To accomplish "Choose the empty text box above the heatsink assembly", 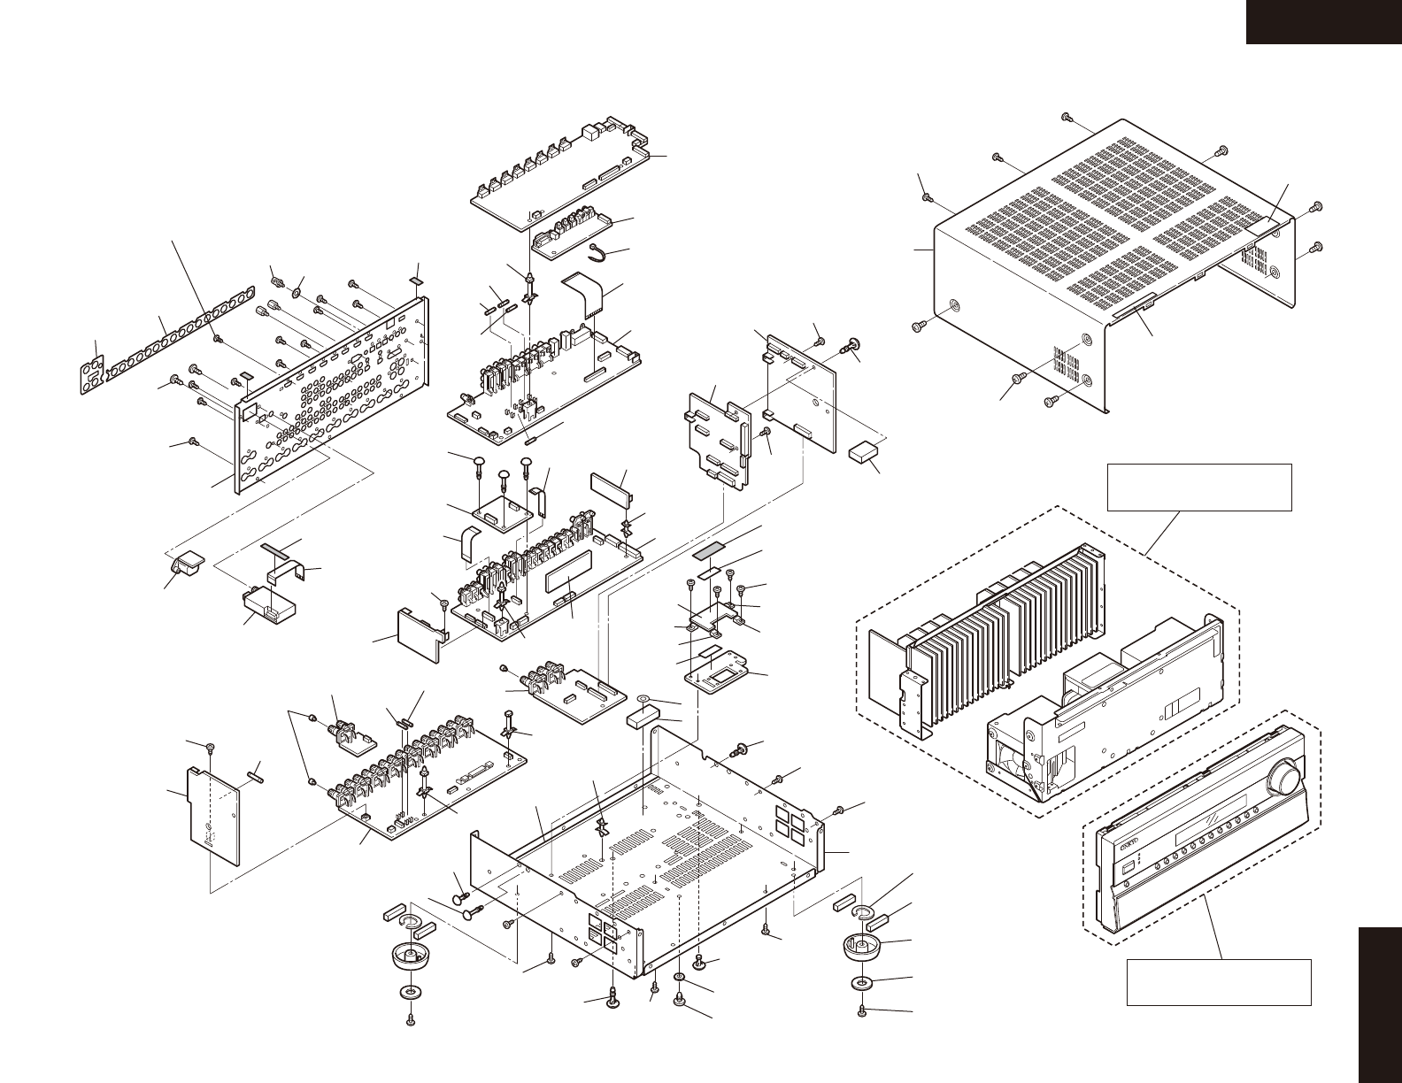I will (x=1199, y=486).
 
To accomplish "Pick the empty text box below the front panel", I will (x=1217, y=981).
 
